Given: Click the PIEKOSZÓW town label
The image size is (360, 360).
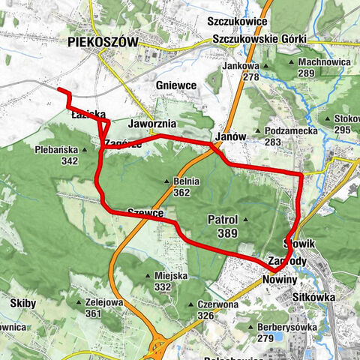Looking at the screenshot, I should tap(102, 43).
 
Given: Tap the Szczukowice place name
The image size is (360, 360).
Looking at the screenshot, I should tap(238, 22).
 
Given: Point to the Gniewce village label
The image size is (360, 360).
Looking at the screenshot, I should tap(176, 86).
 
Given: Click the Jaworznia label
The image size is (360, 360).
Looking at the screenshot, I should tap(152, 122).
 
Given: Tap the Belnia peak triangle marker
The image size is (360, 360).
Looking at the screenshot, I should tap(167, 181).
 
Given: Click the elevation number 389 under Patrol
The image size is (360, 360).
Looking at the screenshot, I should tap(227, 234).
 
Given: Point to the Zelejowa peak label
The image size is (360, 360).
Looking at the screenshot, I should tap(103, 302).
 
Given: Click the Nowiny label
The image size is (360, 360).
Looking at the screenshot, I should tap(280, 279).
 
